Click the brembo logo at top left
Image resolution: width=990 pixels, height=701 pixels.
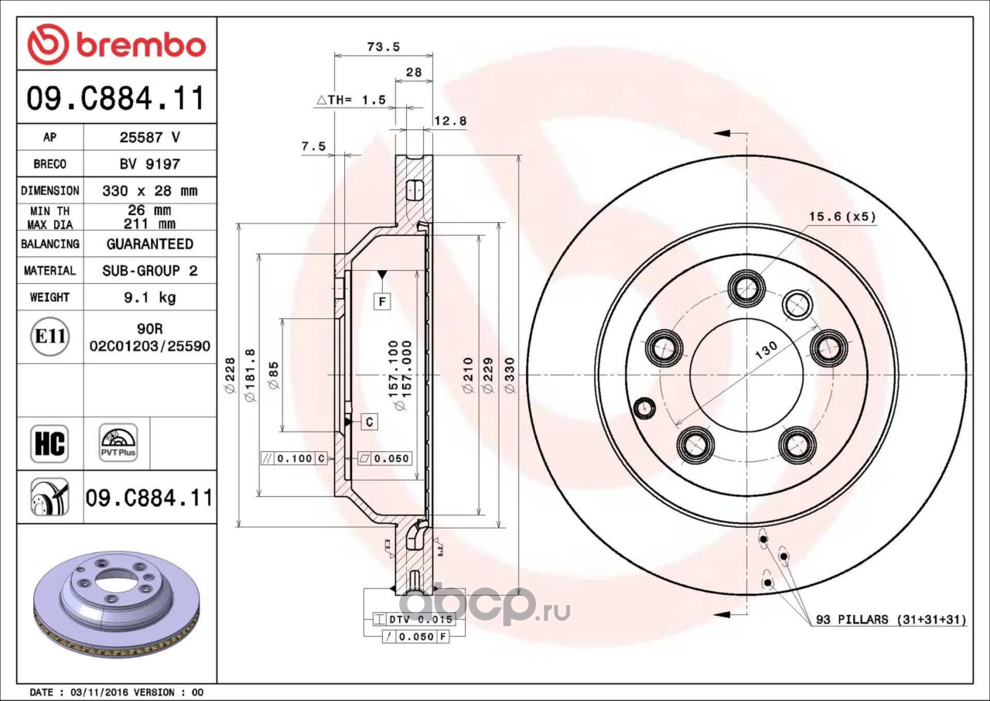point(117,44)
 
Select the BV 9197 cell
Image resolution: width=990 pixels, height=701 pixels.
point(150,164)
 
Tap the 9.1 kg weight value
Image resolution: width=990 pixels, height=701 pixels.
point(150,297)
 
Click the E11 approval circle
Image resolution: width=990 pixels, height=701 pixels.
point(50,337)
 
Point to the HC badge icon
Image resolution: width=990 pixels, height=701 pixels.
point(49,443)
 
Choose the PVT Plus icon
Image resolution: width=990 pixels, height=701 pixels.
point(118,443)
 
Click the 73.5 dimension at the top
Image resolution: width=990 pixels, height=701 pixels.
point(383,46)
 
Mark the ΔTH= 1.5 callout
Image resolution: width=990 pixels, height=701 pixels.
point(351,100)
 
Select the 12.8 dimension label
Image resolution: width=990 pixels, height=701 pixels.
point(450,121)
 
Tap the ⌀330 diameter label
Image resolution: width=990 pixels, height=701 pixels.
point(510,375)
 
